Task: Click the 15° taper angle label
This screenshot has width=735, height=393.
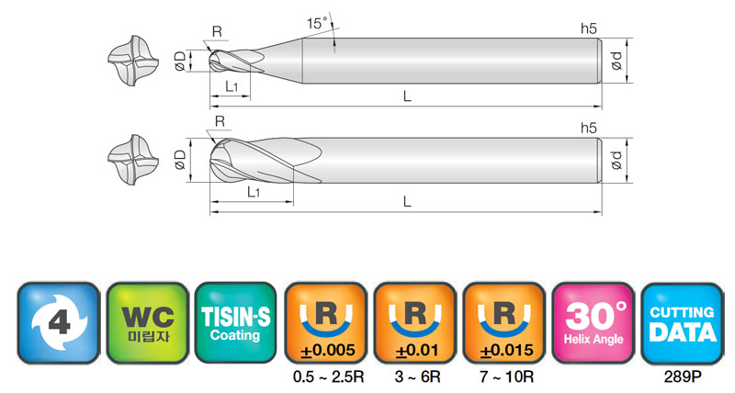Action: click(x=317, y=23)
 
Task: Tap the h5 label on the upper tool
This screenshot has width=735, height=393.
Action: click(x=589, y=28)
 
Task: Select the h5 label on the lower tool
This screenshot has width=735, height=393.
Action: click(x=589, y=128)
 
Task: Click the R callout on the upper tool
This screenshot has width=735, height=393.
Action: click(x=217, y=32)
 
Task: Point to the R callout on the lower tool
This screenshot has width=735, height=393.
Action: click(x=220, y=121)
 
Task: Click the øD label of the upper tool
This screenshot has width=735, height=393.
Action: click(x=180, y=62)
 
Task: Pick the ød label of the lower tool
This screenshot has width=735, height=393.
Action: click(x=616, y=160)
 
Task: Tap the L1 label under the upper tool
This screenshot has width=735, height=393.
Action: click(x=232, y=86)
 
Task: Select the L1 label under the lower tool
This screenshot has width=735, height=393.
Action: click(x=254, y=192)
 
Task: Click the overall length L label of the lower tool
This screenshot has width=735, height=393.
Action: click(x=407, y=202)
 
